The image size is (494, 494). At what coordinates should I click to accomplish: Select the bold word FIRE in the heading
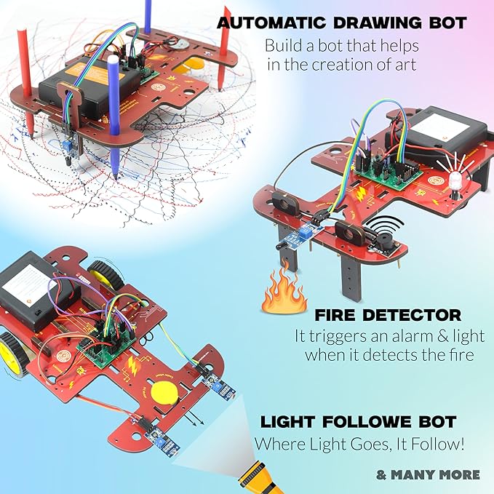340,316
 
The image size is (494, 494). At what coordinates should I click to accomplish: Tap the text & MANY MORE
428,474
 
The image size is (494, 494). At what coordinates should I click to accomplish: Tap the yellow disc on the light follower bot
165,394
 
